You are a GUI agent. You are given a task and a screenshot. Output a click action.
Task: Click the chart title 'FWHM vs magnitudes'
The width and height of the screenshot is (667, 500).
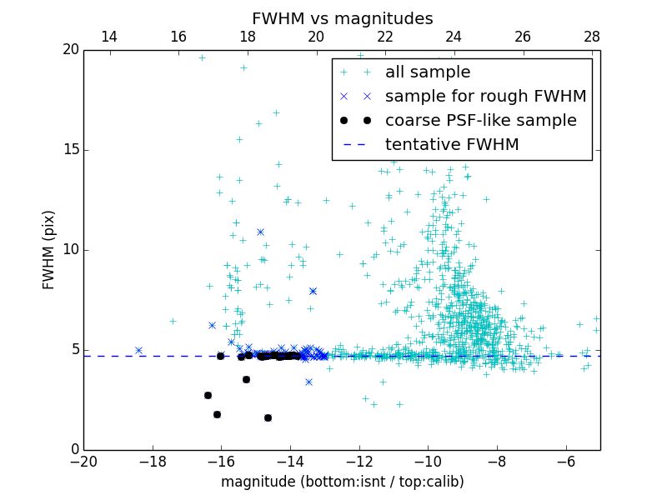pos(342,18)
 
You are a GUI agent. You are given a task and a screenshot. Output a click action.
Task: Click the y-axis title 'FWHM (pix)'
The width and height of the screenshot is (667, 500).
pos(49,249)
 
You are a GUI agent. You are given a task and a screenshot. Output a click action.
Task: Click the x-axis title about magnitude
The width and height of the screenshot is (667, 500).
pos(342,482)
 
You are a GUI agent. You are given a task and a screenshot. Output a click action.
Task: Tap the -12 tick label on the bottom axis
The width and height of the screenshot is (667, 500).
pos(359,462)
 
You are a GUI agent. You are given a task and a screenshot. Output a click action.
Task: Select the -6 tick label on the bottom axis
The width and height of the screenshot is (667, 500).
pos(566,462)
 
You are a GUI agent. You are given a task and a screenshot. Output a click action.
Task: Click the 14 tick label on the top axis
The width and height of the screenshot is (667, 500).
pos(108,37)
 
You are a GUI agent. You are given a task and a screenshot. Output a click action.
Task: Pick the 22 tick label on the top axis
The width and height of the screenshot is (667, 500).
pos(385,37)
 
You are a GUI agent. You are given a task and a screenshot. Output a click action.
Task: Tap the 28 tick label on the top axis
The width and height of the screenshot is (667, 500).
pos(592,37)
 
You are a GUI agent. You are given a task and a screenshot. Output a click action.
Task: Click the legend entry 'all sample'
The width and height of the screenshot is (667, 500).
pos(428,72)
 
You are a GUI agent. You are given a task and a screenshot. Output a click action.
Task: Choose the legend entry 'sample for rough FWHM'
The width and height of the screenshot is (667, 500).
pos(485,96)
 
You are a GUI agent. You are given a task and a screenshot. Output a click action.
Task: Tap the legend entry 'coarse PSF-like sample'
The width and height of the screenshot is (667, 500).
pos(480,120)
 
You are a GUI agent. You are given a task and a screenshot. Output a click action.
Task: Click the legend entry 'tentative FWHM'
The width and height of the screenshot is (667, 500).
pos(451,144)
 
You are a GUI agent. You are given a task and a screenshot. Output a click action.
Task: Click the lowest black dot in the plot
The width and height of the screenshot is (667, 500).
pos(268,417)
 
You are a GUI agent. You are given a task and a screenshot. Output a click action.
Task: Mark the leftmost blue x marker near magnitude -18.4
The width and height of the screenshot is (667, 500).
pos(138,350)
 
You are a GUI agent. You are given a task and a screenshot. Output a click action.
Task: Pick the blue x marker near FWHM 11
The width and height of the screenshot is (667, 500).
pos(260,232)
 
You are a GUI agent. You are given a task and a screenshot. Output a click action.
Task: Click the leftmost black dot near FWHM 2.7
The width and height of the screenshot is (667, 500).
pos(208,395)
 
